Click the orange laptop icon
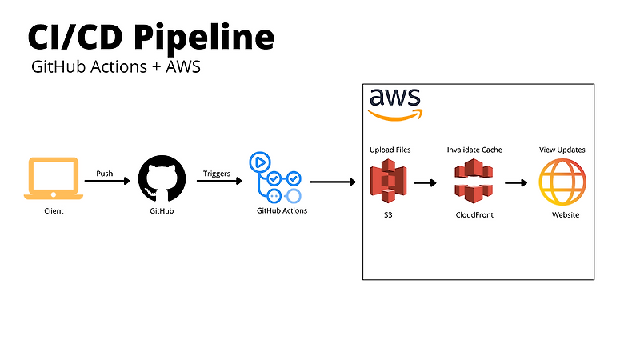coord(54,179)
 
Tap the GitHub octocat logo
coord(162,179)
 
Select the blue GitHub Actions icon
coord(277,177)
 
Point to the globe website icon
coord(562,182)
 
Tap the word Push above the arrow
coord(105,173)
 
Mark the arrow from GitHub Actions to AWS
coord(333,182)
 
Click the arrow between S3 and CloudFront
coord(426,182)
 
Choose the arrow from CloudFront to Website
coord(516,182)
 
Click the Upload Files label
coord(390,150)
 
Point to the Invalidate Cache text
coord(475,150)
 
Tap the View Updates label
coord(562,150)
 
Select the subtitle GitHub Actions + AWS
coord(115,67)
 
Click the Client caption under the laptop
coord(54,211)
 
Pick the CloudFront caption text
coord(474,215)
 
